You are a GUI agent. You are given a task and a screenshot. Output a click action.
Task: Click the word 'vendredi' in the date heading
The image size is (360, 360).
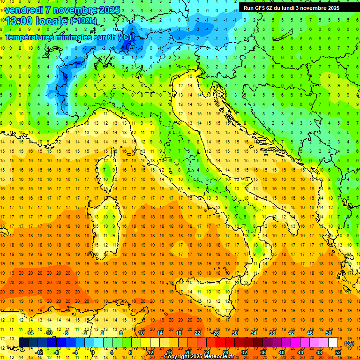(24, 10)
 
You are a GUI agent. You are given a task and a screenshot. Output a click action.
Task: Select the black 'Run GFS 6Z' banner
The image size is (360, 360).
(295, 7)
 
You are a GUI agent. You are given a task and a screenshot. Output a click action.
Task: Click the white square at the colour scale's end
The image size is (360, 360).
(333, 343)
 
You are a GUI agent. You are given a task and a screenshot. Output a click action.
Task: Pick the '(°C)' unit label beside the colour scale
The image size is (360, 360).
(349, 343)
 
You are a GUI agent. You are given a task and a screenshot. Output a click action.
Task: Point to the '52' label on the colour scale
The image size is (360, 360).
(338, 352)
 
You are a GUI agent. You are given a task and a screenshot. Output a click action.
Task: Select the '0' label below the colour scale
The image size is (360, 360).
(93, 352)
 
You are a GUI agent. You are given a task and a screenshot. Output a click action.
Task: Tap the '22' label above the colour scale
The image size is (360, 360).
(197, 333)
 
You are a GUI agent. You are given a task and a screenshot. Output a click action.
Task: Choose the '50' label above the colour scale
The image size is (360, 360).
(329, 333)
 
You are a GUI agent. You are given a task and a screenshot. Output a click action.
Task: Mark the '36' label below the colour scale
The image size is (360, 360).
(263, 352)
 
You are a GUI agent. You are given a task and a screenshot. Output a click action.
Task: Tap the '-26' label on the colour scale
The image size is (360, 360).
(216, 333)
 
